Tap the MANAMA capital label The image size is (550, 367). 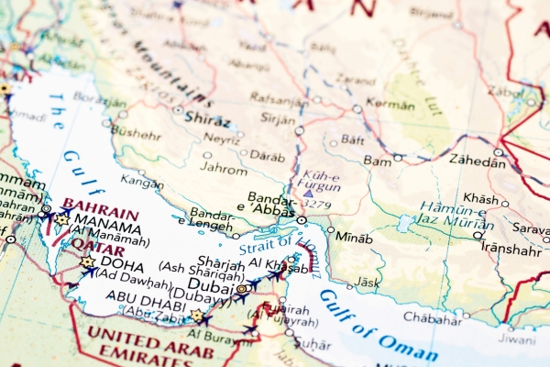108,221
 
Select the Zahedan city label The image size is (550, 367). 476,161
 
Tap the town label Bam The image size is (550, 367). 377,160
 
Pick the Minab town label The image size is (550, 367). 354,237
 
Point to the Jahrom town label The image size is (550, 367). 225,169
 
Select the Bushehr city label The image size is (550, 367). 136,131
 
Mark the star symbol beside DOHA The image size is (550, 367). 87,262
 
